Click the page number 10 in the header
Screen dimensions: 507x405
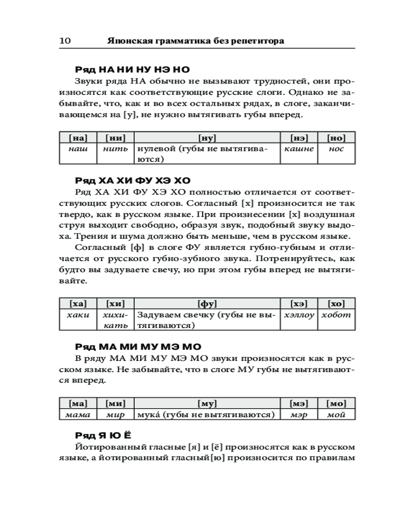pyautogui.click(x=65, y=41)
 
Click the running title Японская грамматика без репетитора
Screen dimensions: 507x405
pyautogui.click(x=195, y=41)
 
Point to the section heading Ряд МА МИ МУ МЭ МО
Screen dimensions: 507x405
pyautogui.click(x=138, y=347)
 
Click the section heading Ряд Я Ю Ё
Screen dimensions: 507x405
pyautogui.click(x=104, y=436)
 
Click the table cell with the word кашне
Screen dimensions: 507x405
pyautogui.click(x=299, y=149)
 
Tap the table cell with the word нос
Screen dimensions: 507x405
pyautogui.click(x=336, y=149)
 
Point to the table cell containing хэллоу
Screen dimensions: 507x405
pyautogui.click(x=299, y=315)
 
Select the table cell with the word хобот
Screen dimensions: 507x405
pyautogui.click(x=336, y=315)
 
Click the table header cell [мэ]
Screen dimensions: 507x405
pyautogui.click(x=299, y=404)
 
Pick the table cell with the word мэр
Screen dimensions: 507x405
pyautogui.click(x=299, y=415)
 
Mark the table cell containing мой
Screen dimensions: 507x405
pyautogui.click(x=336, y=415)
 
